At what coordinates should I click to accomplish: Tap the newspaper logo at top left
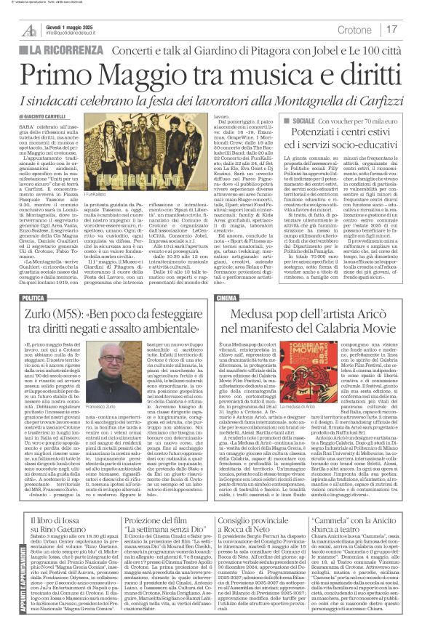30,30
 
